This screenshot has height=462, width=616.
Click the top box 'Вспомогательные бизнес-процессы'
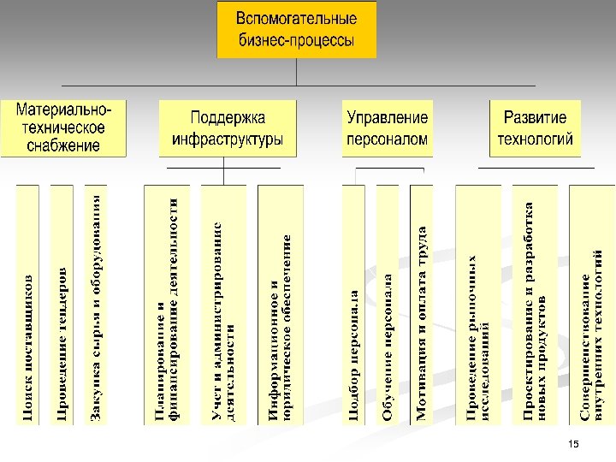click(x=296, y=30)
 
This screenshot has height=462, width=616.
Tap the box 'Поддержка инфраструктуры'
click(x=228, y=127)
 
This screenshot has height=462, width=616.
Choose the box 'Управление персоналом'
click(x=387, y=127)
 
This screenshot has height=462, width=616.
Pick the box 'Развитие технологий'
click(x=536, y=127)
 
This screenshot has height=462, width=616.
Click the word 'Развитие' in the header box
click(x=536, y=117)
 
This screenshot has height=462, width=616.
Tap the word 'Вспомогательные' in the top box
click(x=296, y=18)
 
